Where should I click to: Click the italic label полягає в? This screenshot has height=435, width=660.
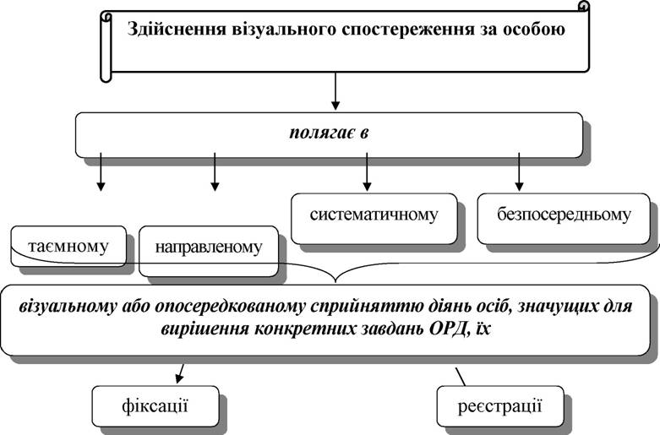coord(329,133)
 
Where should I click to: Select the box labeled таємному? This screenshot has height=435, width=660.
coord(68,246)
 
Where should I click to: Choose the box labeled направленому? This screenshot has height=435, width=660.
coord(209,251)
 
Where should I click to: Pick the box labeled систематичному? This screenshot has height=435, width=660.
coord(374,218)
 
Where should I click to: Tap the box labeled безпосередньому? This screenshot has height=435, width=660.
coord(564,218)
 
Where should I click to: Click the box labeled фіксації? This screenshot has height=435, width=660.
coord(155,406)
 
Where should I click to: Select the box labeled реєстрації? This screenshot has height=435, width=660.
coord(500,406)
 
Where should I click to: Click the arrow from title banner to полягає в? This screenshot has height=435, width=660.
coord(335,91)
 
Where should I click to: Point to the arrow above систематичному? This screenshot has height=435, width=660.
coord(367,171)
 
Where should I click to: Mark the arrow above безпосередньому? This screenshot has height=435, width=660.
coord(519,171)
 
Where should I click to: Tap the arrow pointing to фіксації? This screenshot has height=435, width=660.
coord(181,373)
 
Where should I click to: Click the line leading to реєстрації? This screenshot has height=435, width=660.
coord(460,377)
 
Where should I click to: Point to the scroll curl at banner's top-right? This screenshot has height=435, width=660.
coord(583,6)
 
